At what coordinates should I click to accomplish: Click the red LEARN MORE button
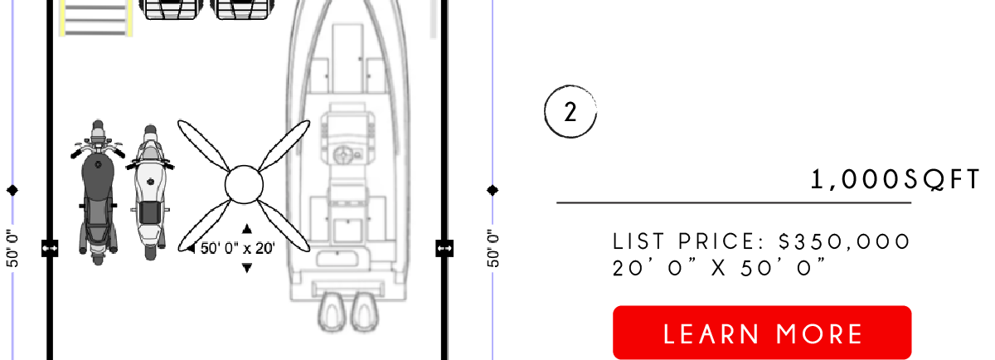click(x=762, y=333)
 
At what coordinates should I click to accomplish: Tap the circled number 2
click(x=570, y=111)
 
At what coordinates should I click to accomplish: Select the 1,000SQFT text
click(x=895, y=179)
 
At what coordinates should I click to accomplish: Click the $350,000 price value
click(x=844, y=241)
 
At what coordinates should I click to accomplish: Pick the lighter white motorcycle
click(x=150, y=192)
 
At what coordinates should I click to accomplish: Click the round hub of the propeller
click(x=244, y=185)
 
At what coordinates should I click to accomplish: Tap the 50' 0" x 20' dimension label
click(x=238, y=248)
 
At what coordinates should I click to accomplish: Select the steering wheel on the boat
click(x=342, y=155)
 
